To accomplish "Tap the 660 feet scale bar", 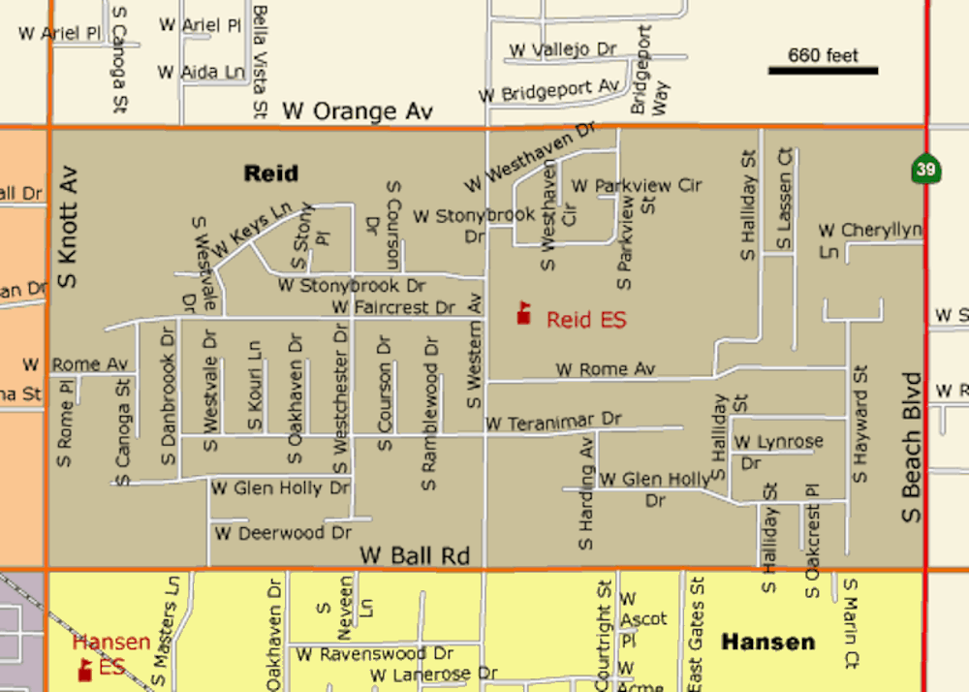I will click(823, 70).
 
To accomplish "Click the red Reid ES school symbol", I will click(524, 313).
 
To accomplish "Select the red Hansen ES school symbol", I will click(85, 669).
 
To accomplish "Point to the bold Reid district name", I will click(270, 173).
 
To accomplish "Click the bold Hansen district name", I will click(767, 642).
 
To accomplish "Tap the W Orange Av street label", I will click(357, 111).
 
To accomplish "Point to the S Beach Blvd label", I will click(912, 447).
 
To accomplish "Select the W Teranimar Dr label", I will click(552, 422).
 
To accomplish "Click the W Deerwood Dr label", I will click(282, 533).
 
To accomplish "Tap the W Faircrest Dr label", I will click(392, 307).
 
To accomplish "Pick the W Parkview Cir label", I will click(636, 184).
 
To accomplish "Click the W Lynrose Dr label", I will click(777, 452).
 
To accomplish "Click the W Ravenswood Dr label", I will click(374, 654).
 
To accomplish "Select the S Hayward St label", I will click(860, 425).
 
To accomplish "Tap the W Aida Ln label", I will click(201, 72).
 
